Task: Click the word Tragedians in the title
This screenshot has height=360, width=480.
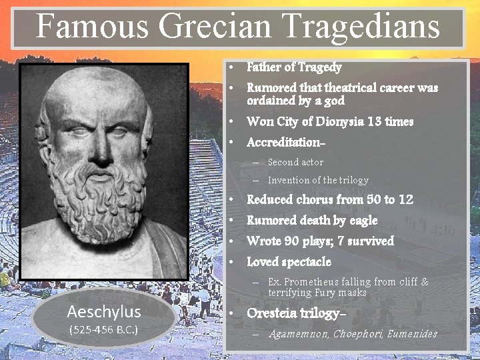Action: (x=373, y=27)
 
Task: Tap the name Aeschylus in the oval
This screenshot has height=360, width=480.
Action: (x=104, y=312)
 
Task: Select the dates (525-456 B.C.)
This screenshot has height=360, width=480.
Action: (x=104, y=330)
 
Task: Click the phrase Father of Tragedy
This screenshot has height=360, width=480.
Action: (x=294, y=67)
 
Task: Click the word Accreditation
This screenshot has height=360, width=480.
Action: (x=285, y=143)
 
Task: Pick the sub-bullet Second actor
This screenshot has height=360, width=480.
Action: (x=295, y=162)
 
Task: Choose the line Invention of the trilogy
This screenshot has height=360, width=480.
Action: (x=318, y=180)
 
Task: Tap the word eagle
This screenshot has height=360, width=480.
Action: (x=361, y=220)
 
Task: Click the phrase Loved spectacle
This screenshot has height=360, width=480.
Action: (x=289, y=262)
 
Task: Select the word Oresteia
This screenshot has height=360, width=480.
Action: (x=273, y=313)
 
